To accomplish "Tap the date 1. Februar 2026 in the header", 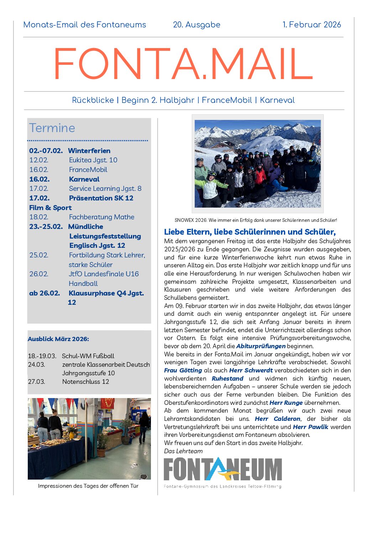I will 311,25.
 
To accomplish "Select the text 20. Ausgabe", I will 197,25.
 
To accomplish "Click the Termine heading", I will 52,128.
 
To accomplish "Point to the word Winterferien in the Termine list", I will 89,151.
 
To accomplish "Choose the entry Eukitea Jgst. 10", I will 93,160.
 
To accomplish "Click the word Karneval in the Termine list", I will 84,179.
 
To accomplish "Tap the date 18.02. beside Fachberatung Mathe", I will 38,217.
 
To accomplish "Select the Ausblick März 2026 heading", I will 58,339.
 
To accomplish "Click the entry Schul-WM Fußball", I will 88,356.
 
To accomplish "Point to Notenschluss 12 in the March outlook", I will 85,381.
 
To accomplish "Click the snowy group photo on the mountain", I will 257,163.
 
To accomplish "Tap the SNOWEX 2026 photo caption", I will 256,220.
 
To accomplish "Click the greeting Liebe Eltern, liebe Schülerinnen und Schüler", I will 250,232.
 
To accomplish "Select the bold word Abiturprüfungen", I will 261,346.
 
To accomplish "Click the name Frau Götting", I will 183,370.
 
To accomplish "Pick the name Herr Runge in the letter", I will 286,403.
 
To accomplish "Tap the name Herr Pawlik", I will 310,427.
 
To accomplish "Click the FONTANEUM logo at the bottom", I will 222,472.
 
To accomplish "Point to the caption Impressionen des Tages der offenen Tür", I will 88,486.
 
